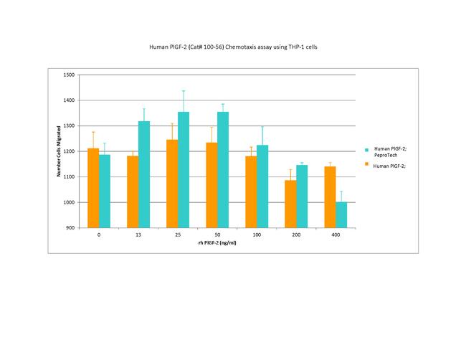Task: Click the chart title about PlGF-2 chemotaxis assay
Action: click(x=233, y=46)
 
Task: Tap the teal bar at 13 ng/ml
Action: click(x=144, y=174)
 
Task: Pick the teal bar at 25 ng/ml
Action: click(x=184, y=169)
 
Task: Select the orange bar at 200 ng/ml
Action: click(x=290, y=204)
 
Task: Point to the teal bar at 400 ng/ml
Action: click(x=341, y=214)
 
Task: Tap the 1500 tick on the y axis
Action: click(x=69, y=75)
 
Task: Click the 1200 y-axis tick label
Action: click(x=69, y=151)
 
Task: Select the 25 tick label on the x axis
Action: click(x=178, y=235)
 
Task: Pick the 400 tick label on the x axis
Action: click(x=336, y=235)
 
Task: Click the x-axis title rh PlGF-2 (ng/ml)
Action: click(x=217, y=243)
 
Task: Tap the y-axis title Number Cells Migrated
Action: click(x=58, y=151)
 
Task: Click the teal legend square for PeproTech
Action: click(x=366, y=150)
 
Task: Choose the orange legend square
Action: click(x=366, y=166)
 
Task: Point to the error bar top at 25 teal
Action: click(x=184, y=91)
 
